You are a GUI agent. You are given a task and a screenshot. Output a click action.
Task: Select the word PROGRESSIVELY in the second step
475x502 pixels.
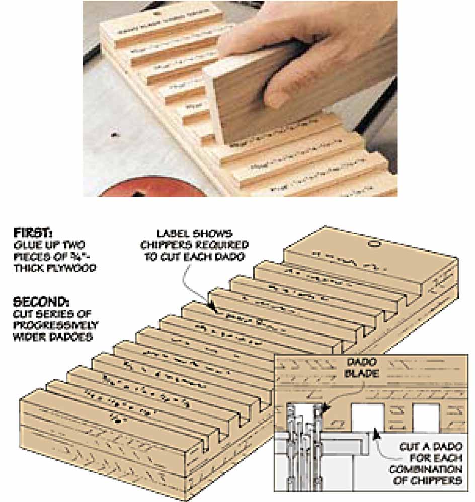click(x=55, y=325)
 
